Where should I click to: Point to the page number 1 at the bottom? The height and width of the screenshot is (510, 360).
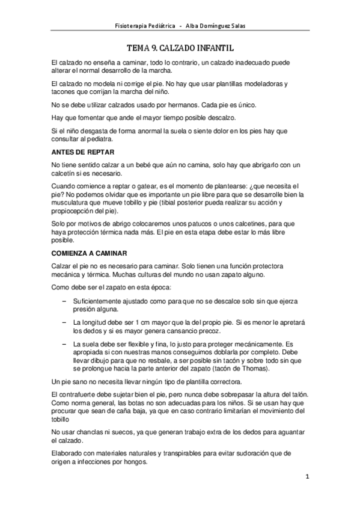tap(307, 478)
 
